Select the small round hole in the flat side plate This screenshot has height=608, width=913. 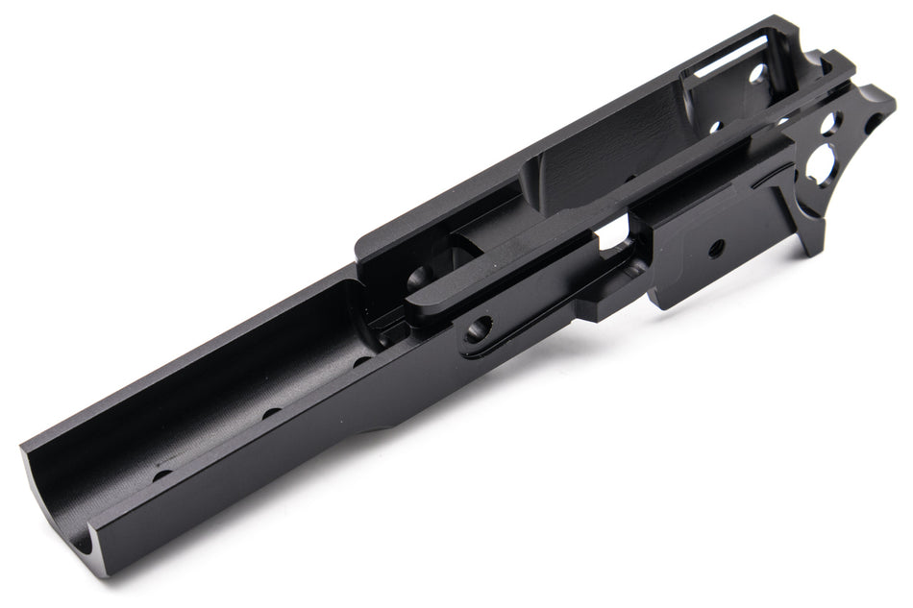[x=716, y=248]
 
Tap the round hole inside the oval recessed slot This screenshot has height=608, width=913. [x=478, y=331]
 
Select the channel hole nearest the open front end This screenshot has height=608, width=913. [x=162, y=474]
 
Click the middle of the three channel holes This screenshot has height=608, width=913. [x=271, y=413]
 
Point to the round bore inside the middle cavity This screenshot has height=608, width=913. [x=420, y=279]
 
